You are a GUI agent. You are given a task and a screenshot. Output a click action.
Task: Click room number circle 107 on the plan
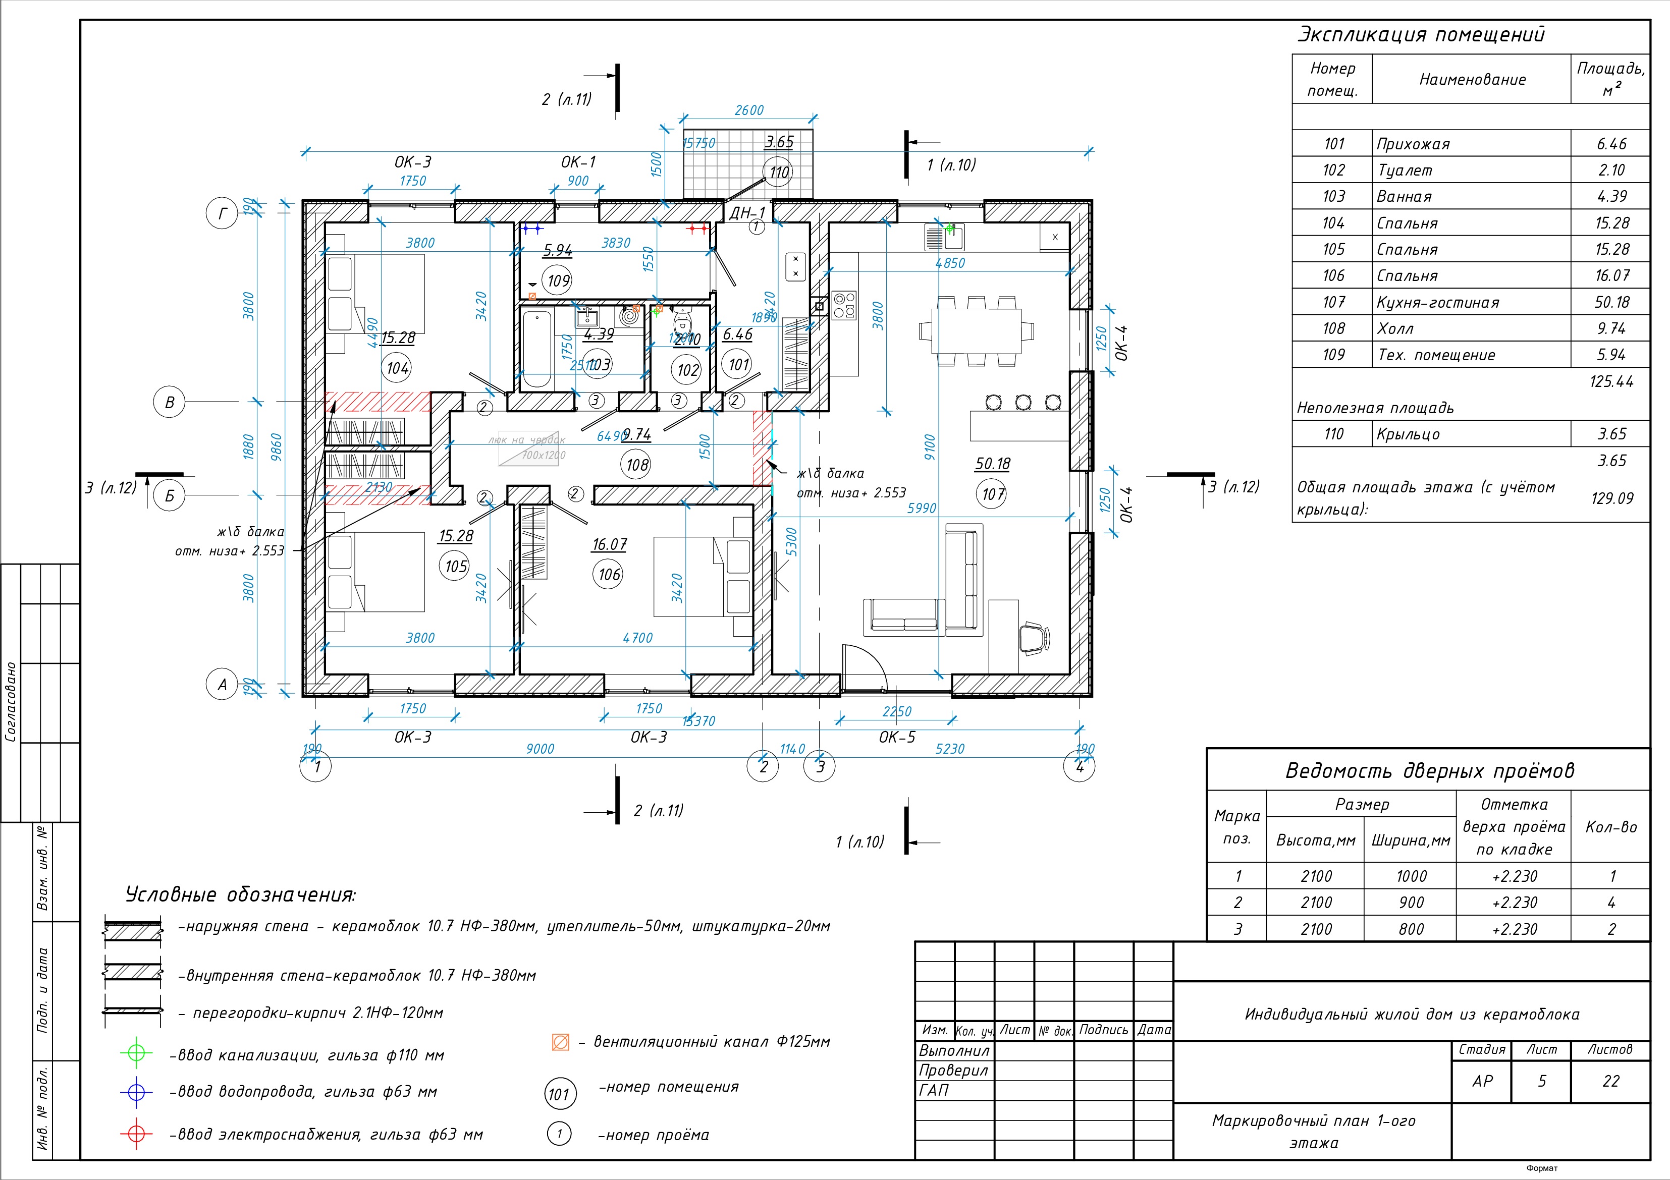pos(994,494)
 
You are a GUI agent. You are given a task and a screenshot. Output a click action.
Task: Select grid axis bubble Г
pos(223,214)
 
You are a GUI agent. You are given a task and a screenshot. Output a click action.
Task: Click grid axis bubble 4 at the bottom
pos(1080,766)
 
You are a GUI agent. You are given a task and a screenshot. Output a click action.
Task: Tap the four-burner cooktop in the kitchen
pos(844,305)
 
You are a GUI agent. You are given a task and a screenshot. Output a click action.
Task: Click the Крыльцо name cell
pos(1408,434)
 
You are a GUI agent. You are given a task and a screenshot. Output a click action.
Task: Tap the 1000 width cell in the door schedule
pos(1411,876)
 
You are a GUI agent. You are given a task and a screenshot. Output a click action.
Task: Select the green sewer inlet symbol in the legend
pos(136,1053)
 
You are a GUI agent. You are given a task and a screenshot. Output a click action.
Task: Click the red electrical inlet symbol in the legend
pos(136,1134)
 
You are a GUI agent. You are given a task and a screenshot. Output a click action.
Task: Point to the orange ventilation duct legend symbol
pos(560,1042)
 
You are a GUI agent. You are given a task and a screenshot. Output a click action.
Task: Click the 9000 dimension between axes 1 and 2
pos(540,749)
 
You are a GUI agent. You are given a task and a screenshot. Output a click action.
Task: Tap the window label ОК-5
pos(897,737)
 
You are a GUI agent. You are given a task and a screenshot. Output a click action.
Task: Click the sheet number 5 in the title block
pos(1541,1081)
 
